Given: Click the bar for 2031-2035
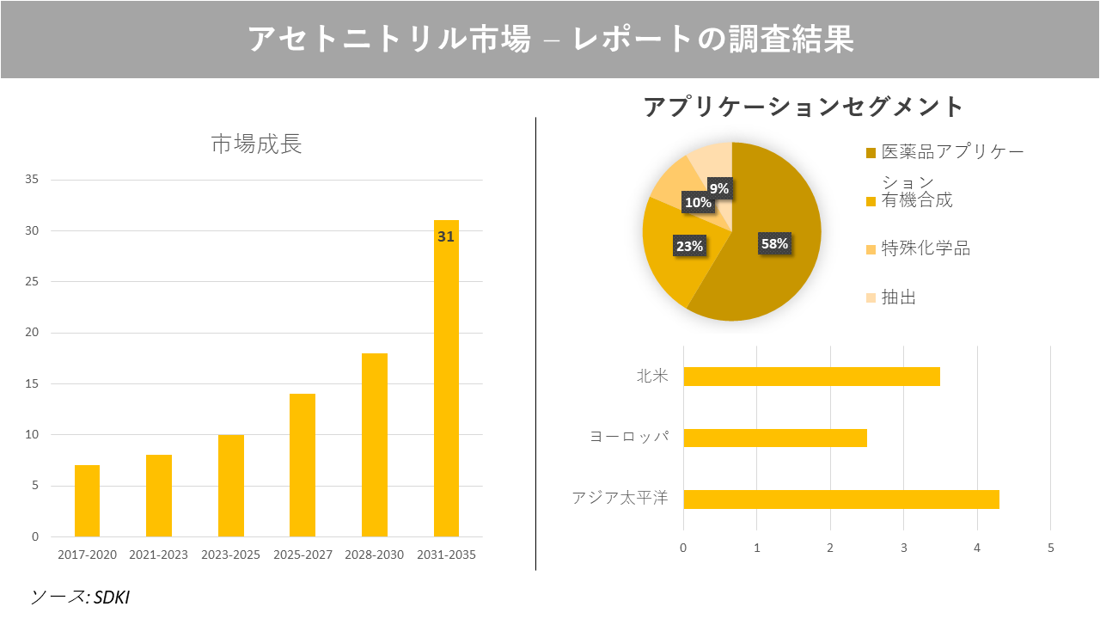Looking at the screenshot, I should [x=446, y=387].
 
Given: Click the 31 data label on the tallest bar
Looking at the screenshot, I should [x=445, y=236].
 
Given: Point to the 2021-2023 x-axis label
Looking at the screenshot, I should [x=158, y=555].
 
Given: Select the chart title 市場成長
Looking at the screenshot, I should [x=256, y=144].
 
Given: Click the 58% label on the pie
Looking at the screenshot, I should [x=774, y=243].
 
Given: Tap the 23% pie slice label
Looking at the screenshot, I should [x=689, y=246].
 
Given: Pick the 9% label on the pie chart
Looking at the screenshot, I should [x=719, y=188].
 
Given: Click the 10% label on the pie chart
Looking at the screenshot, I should [x=698, y=203].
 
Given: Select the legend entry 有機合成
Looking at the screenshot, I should [x=916, y=200].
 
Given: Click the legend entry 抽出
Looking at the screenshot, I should [x=898, y=297].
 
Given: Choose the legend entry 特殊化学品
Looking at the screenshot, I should [x=925, y=248].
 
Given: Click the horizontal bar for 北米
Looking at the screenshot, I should [x=811, y=377].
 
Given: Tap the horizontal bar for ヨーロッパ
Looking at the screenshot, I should [x=774, y=438].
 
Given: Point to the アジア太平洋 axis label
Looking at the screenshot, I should [x=620, y=498].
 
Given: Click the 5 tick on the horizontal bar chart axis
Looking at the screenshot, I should [x=1050, y=548].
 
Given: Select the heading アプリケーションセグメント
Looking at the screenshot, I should [x=804, y=107].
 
